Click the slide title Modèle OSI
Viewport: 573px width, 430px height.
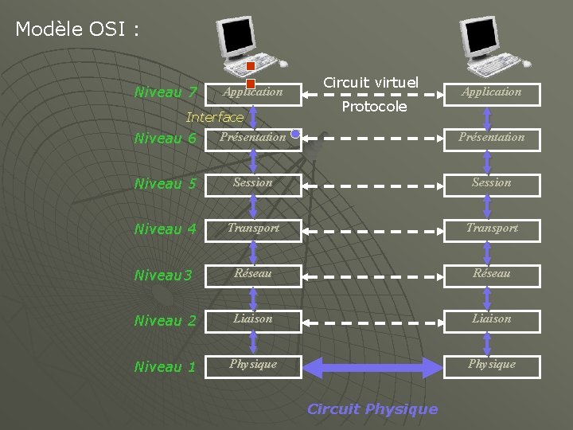click(x=77, y=30)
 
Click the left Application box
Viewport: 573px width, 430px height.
click(x=253, y=92)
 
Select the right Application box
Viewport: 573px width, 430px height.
click(x=492, y=92)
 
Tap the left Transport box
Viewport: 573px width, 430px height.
click(x=253, y=229)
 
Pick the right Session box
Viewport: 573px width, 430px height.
click(x=492, y=183)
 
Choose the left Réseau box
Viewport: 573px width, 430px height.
click(x=253, y=274)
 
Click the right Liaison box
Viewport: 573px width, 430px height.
click(x=492, y=319)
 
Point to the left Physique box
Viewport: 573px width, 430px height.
click(x=253, y=365)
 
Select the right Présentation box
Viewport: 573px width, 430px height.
click(x=492, y=138)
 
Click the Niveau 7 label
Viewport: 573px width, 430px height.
click(x=166, y=92)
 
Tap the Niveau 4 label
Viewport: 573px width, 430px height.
click(x=166, y=229)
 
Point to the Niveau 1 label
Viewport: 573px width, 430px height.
click(x=166, y=367)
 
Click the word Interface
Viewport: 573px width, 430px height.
click(x=215, y=118)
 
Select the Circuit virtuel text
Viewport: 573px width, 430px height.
click(x=371, y=82)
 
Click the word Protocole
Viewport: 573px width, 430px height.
click(x=374, y=107)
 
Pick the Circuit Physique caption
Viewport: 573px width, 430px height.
click(x=372, y=409)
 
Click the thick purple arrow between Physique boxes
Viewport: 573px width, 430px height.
click(x=372, y=367)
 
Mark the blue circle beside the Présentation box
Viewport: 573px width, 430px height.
click(x=295, y=135)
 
